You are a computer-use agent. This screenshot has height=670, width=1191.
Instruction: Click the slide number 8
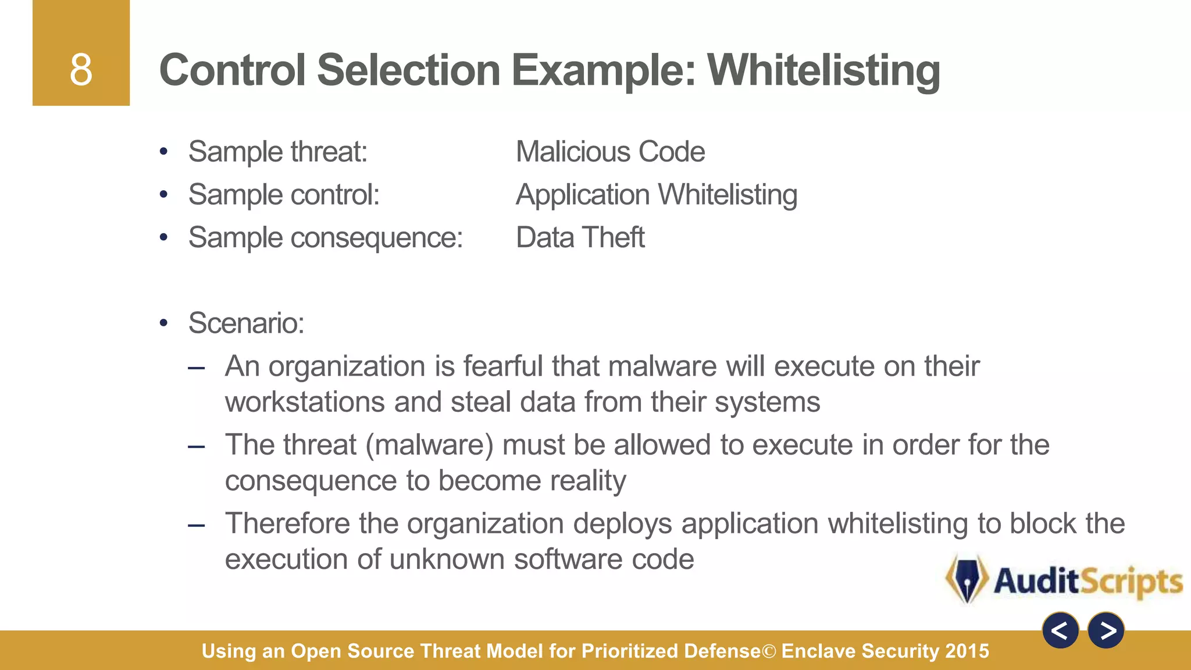coord(81,70)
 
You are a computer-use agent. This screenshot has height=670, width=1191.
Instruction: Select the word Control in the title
coord(233,70)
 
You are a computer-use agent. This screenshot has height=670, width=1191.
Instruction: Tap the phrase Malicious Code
coord(610,152)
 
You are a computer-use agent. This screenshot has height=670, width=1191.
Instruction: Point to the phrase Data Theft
coord(580,237)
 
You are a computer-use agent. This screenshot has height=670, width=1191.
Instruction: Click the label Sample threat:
coord(278,152)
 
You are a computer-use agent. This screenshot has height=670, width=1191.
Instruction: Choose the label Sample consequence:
coord(326,238)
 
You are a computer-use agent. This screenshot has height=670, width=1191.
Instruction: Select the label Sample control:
coord(284,195)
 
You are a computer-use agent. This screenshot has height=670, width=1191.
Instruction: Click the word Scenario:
coord(247,323)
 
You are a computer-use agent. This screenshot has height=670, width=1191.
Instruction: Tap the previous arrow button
coord(1060,630)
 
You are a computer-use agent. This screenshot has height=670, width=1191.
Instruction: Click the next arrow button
coord(1106,630)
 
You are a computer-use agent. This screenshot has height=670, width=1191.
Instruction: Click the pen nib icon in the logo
coord(967,579)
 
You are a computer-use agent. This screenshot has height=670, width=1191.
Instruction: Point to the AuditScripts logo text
coord(1088,581)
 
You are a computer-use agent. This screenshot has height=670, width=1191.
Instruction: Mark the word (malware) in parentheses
coord(430,446)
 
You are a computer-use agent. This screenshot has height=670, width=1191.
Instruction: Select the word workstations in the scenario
coord(305,402)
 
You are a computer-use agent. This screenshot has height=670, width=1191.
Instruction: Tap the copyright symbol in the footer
coord(769,651)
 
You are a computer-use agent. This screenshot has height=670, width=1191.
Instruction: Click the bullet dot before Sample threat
coord(164,152)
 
